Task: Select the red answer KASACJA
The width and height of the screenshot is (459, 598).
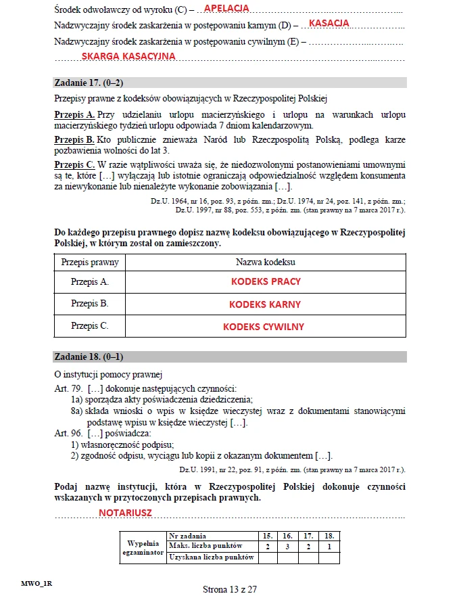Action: pos(329,23)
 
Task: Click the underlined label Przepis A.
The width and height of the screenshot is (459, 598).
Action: pos(74,115)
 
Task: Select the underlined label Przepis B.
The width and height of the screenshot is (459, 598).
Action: pos(74,139)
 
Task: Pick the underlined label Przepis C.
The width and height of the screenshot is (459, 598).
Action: pos(74,164)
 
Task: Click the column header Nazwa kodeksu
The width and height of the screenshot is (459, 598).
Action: pos(265,262)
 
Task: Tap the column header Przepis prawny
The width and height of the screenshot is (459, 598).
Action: pos(90,262)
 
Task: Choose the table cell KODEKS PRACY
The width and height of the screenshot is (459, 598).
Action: pos(266,281)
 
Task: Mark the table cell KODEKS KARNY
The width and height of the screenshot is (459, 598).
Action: pos(265,304)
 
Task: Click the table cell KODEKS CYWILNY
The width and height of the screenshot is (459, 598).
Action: pos(264,327)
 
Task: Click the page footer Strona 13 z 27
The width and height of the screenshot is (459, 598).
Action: pos(230,589)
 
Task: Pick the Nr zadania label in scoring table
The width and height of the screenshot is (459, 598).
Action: pos(188,535)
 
